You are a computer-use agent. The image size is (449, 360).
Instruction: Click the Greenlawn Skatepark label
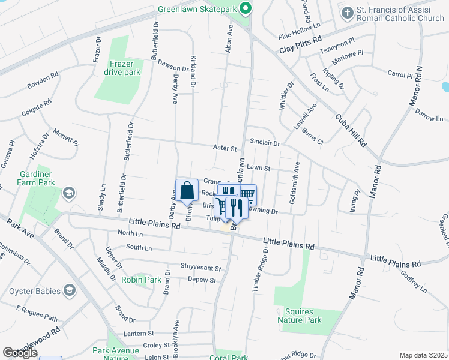[x=196, y=9]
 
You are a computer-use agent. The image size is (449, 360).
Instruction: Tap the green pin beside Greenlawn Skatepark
[x=244, y=9]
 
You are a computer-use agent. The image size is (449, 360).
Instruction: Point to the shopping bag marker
[x=187, y=190]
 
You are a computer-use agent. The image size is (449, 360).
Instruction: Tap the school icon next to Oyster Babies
[x=70, y=291]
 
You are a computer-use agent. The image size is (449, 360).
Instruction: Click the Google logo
[x=20, y=353]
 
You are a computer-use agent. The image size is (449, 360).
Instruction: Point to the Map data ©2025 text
[x=423, y=355]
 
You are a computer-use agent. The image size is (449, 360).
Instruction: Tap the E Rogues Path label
[x=37, y=314]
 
